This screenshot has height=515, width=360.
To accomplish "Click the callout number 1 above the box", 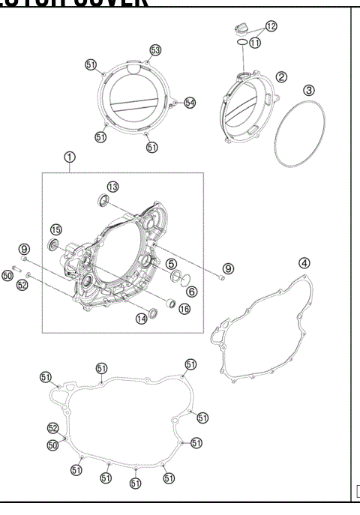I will click(x=69, y=157).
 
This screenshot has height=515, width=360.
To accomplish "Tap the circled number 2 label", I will click(x=281, y=76).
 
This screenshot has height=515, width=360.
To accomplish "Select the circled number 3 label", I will click(x=308, y=89).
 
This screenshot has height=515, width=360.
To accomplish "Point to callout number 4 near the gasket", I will click(x=304, y=262).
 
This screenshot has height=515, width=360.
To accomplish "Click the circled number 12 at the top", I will click(x=271, y=26).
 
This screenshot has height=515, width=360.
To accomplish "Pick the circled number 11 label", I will click(x=255, y=43).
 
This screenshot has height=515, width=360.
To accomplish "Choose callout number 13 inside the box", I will click(x=112, y=186).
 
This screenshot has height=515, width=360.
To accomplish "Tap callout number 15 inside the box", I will click(x=56, y=229).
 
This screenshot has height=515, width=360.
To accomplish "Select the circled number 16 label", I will click(x=184, y=308).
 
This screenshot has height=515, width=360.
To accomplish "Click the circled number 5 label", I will click(x=172, y=263).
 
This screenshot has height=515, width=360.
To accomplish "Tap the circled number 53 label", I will click(x=155, y=49).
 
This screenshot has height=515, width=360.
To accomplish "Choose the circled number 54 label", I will click(x=189, y=102).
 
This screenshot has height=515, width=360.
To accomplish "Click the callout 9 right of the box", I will click(x=229, y=268).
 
